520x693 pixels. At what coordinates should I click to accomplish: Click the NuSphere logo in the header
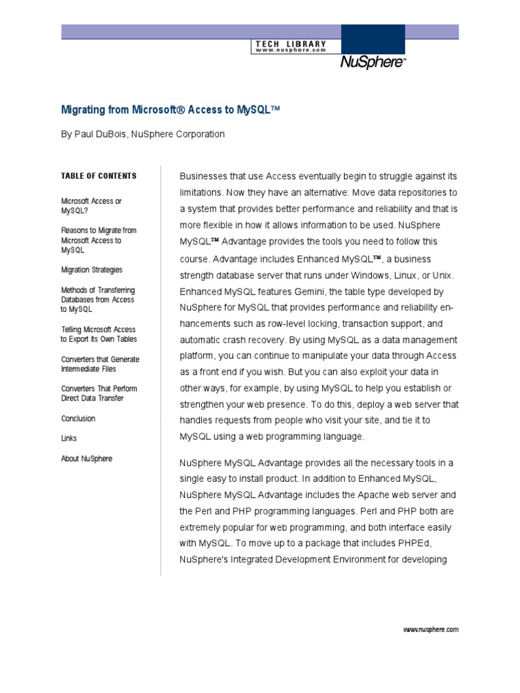[373, 63]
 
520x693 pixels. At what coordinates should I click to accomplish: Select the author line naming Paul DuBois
[143, 134]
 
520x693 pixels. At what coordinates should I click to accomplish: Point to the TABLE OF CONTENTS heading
[99, 176]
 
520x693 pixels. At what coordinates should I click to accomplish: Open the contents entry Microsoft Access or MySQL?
[91, 206]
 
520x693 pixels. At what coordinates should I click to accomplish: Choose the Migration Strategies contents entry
[92, 270]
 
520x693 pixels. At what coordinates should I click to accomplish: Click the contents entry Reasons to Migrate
[98, 240]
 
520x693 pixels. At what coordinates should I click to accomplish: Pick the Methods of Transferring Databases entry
[97, 300]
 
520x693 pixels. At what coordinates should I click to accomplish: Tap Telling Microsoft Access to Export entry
[98, 334]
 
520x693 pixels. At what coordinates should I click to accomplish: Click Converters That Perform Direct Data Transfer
[99, 394]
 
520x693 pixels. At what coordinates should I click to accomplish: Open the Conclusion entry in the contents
[79, 419]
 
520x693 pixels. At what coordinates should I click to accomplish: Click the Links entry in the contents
[68, 439]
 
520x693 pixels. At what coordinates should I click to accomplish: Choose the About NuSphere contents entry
[87, 459]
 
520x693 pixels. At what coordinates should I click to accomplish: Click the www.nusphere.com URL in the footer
[431, 629]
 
